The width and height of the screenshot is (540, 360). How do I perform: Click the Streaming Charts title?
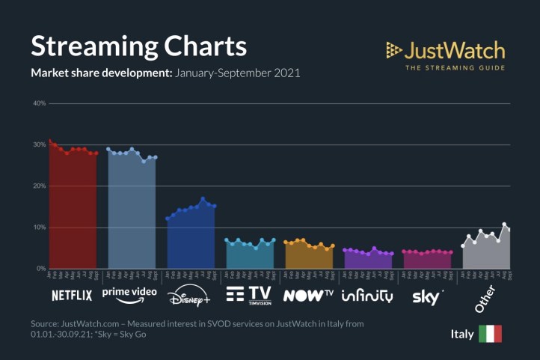138,46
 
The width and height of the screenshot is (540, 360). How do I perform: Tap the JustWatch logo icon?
393,50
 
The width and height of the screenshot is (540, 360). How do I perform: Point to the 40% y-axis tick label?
39,103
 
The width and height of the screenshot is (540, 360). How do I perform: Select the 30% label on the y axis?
39,144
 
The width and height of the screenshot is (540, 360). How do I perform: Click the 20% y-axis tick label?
39,186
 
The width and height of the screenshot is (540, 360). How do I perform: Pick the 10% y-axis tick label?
39,227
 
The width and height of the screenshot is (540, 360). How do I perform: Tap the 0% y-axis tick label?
40,268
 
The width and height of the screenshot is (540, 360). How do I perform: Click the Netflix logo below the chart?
72,295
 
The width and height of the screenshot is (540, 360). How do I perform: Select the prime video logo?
129,292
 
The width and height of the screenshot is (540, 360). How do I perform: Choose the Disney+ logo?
189,295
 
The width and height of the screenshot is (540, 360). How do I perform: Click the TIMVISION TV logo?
248,293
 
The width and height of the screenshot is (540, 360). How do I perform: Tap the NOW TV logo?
307,295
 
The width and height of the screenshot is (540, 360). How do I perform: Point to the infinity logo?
366,295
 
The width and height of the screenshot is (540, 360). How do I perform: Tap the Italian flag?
490,334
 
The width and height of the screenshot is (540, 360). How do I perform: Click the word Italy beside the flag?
461,334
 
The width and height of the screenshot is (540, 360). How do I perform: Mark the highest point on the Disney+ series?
203,199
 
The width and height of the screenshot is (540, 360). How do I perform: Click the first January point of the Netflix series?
49,141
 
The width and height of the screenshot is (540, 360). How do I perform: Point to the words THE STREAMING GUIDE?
455,68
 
